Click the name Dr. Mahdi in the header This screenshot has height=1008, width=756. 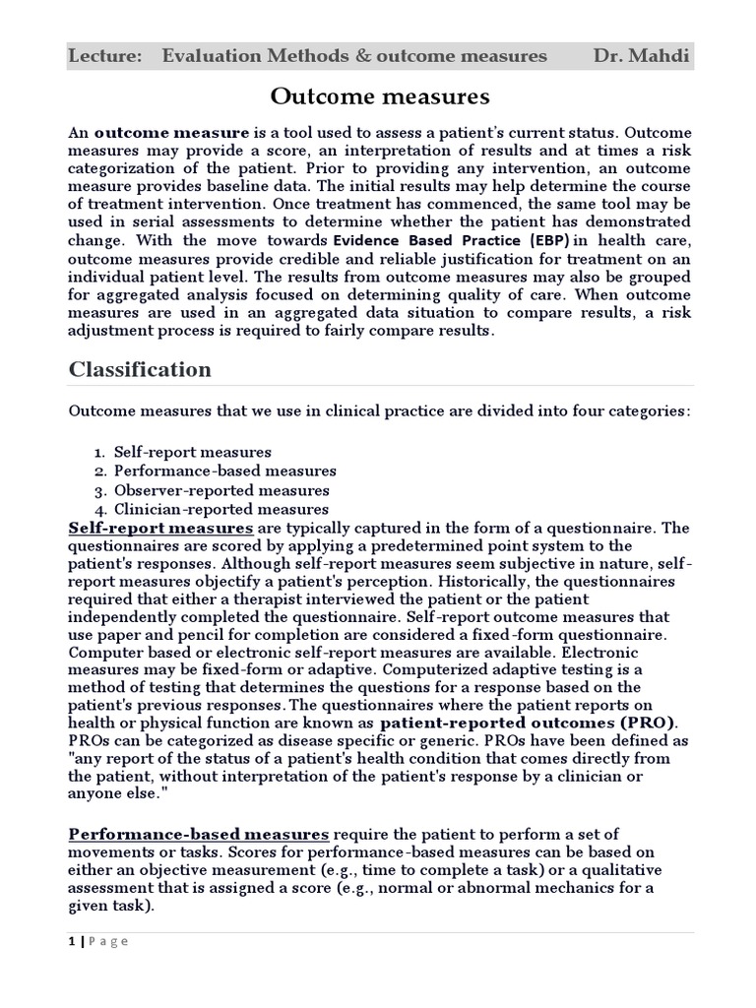coord(640,55)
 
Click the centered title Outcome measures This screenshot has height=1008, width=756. coord(379,96)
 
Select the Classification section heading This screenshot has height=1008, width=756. coord(139,369)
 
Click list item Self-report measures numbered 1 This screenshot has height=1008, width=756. coord(192,452)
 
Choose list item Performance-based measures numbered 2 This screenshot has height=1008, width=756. coord(224,471)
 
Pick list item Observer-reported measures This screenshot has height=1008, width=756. coord(221,490)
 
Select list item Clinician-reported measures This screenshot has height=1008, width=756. coord(220,509)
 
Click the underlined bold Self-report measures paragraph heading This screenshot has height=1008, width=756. coord(160,528)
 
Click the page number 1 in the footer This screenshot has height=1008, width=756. coord(71,940)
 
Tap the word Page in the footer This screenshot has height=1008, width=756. coord(108,940)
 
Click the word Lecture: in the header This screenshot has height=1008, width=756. coord(99,55)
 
